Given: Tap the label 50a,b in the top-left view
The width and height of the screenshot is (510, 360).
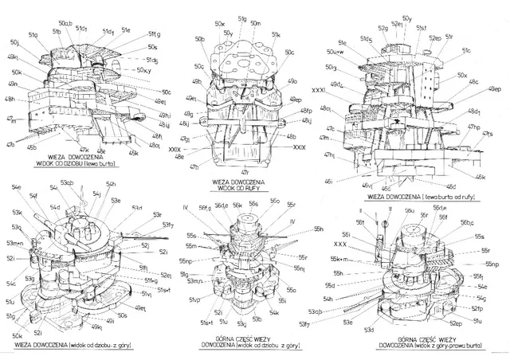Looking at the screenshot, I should [x=65, y=24].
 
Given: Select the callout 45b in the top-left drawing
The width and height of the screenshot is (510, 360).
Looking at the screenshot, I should [x=33, y=147].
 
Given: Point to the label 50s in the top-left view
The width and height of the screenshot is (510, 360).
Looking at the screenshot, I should [x=152, y=48].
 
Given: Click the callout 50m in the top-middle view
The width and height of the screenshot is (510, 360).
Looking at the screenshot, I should [x=256, y=25].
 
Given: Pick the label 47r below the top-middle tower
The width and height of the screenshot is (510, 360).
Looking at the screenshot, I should [x=245, y=171].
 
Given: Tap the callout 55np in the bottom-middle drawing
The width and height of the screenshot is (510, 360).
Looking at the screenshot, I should [x=186, y=260].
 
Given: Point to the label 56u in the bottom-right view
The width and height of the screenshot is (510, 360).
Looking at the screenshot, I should [x=409, y=211].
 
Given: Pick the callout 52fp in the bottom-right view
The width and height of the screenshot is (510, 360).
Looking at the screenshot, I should [x=477, y=307].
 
